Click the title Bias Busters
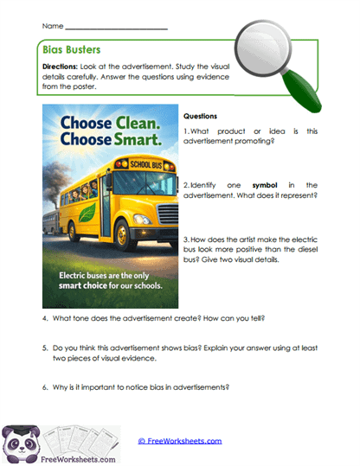click(74, 50)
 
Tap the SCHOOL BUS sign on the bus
click(138, 163)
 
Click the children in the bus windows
click(82, 183)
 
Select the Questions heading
click(202, 115)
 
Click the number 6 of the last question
click(45, 386)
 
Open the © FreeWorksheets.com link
click(179, 441)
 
